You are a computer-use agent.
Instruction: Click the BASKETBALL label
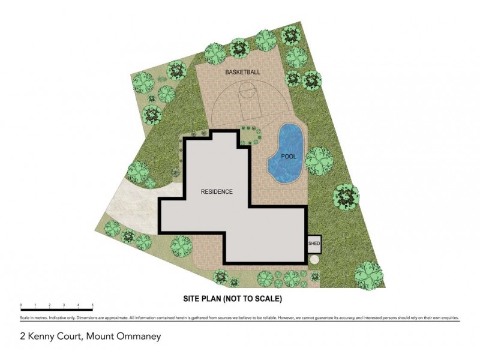click(243, 73)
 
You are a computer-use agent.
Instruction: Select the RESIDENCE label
click(217, 191)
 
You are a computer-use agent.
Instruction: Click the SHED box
click(314, 244)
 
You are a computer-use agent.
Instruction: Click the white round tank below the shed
click(314, 259)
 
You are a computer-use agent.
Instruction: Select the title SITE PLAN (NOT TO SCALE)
click(232, 298)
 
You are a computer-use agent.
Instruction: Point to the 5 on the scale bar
click(92, 306)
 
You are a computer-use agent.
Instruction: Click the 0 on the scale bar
click(21, 306)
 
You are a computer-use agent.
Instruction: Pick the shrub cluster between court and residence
click(249, 135)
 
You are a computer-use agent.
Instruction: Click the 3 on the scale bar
click(64, 306)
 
